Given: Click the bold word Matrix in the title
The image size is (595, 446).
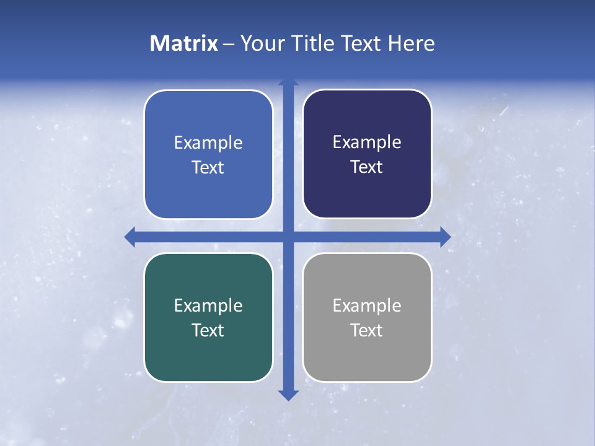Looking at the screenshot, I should tap(183, 43).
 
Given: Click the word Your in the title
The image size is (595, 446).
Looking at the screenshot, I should tap(259, 43).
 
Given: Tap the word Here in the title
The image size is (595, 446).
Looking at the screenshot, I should tap(412, 43).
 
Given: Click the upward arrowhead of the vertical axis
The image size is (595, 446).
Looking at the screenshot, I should tap(288, 82).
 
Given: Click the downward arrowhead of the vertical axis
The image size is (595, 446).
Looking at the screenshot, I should tap(288, 395).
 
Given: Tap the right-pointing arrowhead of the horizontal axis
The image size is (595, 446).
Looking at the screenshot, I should tap(445, 237).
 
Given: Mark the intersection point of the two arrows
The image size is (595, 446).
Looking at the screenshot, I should tap(288, 237).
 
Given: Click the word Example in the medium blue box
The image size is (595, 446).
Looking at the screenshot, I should tap(208, 142).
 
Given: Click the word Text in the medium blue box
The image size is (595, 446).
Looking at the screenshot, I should tap(208, 167).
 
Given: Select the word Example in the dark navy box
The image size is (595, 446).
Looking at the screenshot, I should tap(367, 142).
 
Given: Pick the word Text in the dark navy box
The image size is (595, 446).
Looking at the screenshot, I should tap(367, 167).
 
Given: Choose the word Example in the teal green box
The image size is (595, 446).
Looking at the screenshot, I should tap(208, 305).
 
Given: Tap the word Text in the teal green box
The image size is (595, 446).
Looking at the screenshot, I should tap(208, 330).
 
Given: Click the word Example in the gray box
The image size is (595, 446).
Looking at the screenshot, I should tap(367, 305).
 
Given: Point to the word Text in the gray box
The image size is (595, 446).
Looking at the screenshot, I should tap(367, 330).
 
